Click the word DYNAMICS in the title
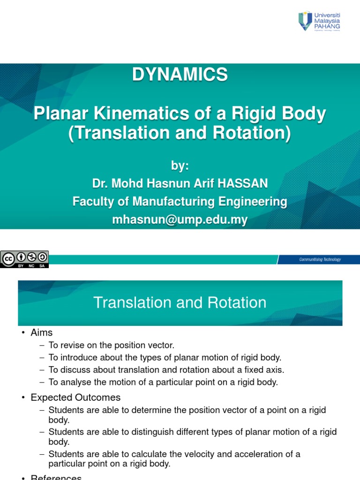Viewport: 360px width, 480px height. point(180,75)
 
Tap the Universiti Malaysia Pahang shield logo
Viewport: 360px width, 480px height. point(305,22)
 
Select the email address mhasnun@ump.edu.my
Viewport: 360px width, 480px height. point(180,220)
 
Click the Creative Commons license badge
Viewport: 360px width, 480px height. point(24,259)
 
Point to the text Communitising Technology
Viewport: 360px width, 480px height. point(320,260)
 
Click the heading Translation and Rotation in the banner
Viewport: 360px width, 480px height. point(180,302)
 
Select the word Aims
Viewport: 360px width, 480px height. point(42,332)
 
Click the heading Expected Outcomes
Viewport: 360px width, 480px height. point(75,397)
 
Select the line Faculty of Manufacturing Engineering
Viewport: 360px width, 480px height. point(180,202)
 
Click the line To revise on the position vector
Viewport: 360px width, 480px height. point(111,345)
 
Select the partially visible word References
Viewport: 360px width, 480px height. point(56,477)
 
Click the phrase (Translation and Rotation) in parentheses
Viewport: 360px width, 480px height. point(180,134)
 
